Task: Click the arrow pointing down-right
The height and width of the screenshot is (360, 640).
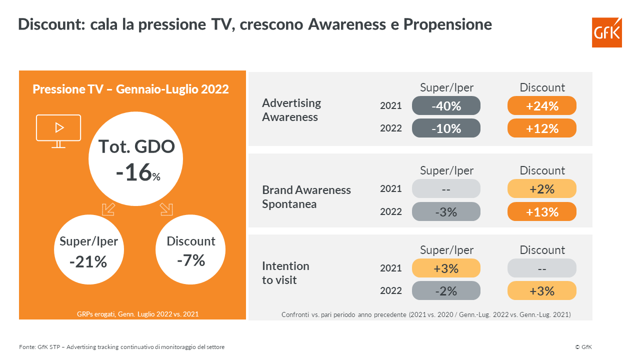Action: (x=166, y=209)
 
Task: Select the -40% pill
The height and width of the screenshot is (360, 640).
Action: (x=446, y=105)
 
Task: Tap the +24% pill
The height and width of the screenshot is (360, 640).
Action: (x=542, y=105)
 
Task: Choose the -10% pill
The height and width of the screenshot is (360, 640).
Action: (x=446, y=128)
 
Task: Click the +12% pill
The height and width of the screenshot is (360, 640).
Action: (x=542, y=128)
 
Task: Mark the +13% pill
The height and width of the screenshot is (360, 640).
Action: (x=542, y=211)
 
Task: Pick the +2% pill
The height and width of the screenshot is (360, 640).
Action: (x=542, y=188)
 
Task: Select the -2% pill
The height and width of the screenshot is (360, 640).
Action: (x=446, y=290)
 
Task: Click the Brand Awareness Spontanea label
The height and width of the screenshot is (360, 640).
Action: (x=306, y=197)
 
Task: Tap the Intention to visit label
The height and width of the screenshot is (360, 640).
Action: (x=285, y=273)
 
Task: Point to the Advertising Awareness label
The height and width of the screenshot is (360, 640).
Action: (x=291, y=110)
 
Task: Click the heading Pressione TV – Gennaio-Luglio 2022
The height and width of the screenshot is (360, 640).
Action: (x=130, y=89)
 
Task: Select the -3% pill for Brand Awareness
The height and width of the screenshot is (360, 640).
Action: (x=446, y=211)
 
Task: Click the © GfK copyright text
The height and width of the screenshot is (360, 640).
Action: (x=583, y=347)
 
